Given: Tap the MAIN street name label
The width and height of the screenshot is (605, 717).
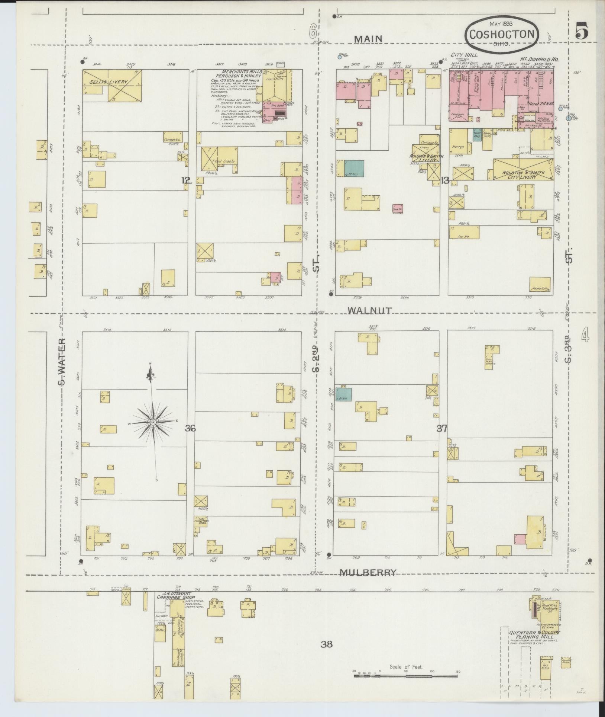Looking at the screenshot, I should [x=368, y=39].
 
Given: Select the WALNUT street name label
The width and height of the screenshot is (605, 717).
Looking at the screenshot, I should [x=369, y=310].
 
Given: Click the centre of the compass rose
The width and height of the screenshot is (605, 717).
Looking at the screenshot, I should [x=153, y=422].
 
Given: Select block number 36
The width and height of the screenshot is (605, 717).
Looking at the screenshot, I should [x=191, y=429].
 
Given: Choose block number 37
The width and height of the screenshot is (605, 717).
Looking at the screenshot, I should [x=442, y=429].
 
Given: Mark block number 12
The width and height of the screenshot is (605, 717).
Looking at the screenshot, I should [x=187, y=180].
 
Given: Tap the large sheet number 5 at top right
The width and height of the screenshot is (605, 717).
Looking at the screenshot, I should [x=581, y=31].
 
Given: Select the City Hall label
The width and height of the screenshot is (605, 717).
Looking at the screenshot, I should [x=459, y=55].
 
